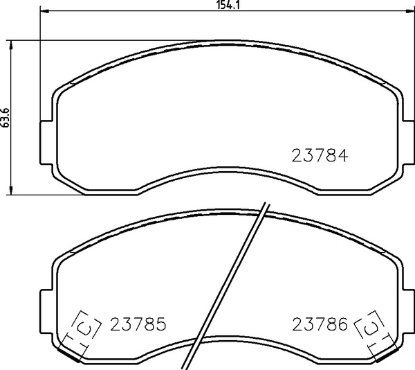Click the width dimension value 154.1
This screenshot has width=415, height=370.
pos(228,5)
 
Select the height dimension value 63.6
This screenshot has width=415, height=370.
pos(6,118)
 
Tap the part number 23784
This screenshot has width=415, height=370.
pos(320,155)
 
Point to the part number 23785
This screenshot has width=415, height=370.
pos(138,324)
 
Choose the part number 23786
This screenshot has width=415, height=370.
pos(320,324)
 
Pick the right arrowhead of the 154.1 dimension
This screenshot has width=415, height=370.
pos(410,11)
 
